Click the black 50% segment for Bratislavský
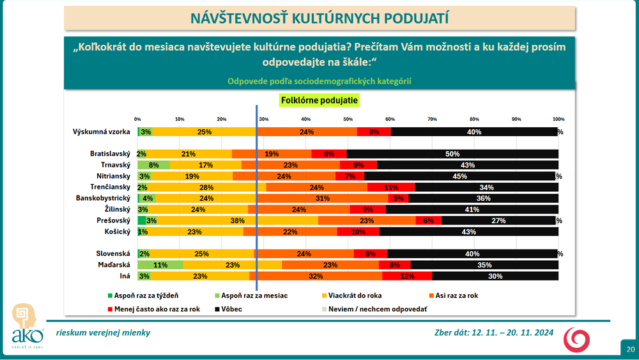click(452, 154)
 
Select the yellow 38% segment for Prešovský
click(236, 221)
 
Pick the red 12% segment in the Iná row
click(407, 276)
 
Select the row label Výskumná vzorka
click(102, 132)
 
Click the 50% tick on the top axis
click(348, 120)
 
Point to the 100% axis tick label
click(558, 120)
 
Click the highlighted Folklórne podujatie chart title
click(319, 100)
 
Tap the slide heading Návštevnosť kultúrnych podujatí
click(319, 18)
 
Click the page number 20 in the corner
click(630, 350)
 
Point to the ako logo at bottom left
click(27, 326)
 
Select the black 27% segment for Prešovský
click(498, 221)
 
